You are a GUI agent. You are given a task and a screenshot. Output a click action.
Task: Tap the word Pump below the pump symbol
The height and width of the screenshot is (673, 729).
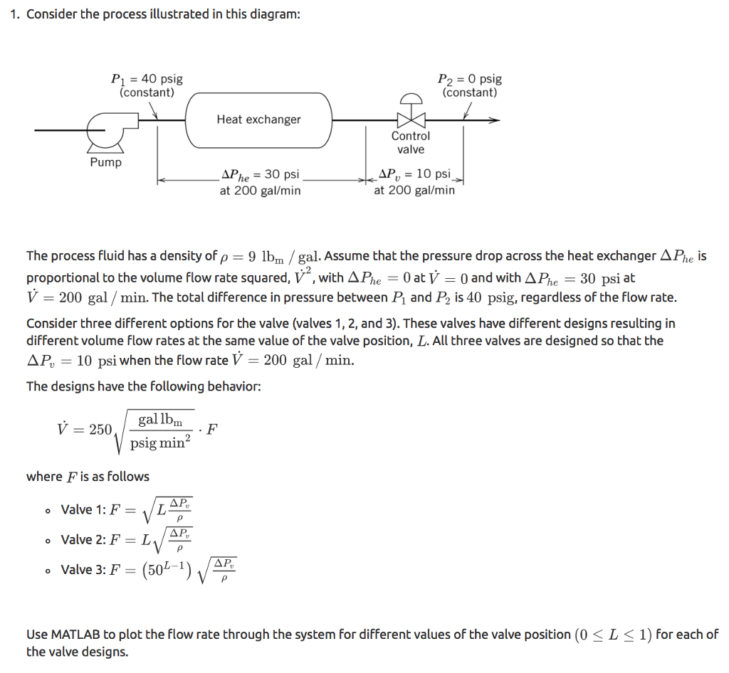(x=105, y=163)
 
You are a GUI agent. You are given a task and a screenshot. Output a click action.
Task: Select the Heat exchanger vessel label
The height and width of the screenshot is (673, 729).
(x=258, y=120)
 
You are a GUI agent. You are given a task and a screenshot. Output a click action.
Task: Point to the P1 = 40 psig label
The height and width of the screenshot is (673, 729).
(x=147, y=79)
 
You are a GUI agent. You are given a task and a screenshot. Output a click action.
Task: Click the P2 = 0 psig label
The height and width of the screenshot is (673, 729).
(x=469, y=79)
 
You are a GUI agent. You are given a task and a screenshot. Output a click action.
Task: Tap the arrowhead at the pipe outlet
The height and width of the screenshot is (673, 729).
(x=494, y=120)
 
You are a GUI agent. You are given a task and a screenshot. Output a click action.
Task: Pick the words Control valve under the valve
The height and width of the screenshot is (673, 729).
(x=411, y=142)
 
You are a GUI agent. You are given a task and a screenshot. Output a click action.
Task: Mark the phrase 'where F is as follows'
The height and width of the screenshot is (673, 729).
(x=88, y=476)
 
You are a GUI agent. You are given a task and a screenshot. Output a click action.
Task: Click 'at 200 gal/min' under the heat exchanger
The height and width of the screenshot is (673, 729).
(x=260, y=191)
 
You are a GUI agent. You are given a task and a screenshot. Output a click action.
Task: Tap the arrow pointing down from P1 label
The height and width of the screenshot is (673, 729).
(x=155, y=110)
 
